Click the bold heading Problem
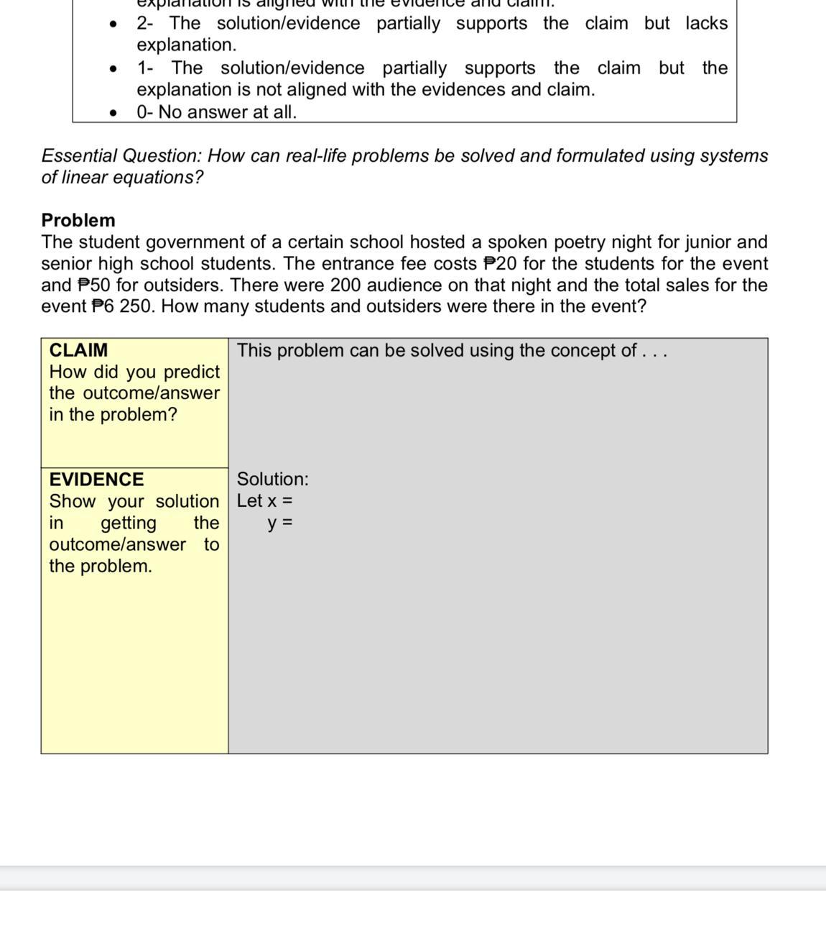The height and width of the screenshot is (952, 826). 78,220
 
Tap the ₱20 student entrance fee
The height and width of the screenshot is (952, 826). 501,263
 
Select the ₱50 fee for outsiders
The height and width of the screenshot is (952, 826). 94,285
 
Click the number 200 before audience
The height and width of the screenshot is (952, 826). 345,285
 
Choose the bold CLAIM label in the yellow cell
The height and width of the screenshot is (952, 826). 78,350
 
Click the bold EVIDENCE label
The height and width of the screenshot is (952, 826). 96,480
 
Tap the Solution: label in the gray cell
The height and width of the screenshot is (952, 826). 273,479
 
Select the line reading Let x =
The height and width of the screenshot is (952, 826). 265,500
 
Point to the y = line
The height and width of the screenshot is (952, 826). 280,523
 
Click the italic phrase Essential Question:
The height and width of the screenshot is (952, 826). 122,156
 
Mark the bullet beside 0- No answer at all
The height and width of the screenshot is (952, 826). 113,113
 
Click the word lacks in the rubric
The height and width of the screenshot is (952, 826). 707,23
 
